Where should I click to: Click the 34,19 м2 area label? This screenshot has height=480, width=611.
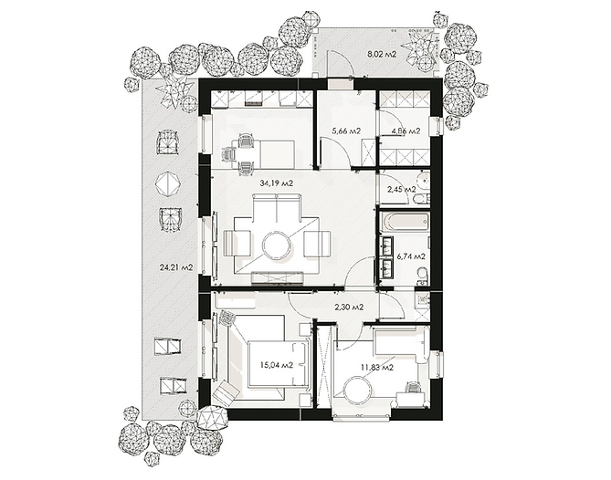[x=277, y=183]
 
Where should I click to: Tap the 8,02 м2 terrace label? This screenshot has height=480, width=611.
[x=382, y=54]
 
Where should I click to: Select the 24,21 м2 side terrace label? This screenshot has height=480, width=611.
[x=176, y=267]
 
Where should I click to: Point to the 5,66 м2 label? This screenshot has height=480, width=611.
[x=346, y=131]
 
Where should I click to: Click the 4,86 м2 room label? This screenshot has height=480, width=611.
[x=406, y=131]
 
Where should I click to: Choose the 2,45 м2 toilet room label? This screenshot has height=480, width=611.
[x=402, y=190]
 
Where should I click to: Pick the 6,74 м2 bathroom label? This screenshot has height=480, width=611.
[x=411, y=256]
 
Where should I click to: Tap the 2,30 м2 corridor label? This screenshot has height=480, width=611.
[x=349, y=308]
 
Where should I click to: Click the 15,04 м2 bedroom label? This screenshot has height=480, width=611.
[x=277, y=365]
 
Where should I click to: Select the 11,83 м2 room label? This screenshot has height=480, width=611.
[x=377, y=367]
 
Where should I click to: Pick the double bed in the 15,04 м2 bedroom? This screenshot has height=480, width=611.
[x=278, y=364]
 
